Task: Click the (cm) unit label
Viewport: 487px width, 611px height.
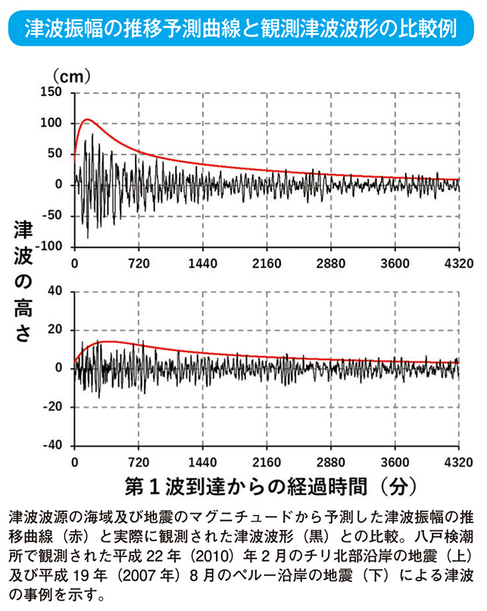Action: [x=71, y=76]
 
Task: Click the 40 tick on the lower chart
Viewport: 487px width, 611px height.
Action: [x=55, y=291]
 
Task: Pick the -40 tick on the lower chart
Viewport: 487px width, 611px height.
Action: [x=52, y=446]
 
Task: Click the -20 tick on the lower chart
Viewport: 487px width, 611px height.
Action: [x=52, y=407]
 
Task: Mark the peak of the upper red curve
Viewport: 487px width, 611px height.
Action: [x=88, y=119]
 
